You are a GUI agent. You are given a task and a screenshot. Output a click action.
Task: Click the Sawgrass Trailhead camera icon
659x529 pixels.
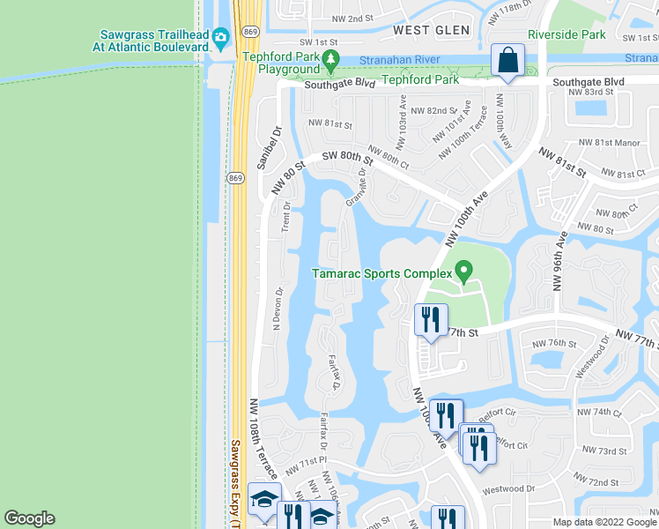(219, 36)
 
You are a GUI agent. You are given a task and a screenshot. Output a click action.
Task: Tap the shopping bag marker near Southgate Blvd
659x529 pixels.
(508, 61)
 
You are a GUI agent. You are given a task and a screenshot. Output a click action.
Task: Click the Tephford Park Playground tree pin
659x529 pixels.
(331, 60)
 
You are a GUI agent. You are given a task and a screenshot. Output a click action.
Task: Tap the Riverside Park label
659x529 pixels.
(566, 34)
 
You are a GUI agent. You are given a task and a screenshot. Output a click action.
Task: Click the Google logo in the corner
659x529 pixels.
(30, 518)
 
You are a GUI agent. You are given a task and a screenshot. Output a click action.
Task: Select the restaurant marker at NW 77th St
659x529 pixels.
(431, 320)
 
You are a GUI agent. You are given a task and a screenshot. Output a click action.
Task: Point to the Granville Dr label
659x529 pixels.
(356, 185)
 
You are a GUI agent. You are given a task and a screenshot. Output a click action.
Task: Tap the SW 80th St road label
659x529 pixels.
(347, 157)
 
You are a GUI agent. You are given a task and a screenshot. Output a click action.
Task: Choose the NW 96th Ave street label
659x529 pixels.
(559, 261)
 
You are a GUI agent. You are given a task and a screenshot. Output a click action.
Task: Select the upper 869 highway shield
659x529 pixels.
(250, 32)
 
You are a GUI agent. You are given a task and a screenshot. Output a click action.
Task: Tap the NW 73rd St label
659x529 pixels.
(604, 451)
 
